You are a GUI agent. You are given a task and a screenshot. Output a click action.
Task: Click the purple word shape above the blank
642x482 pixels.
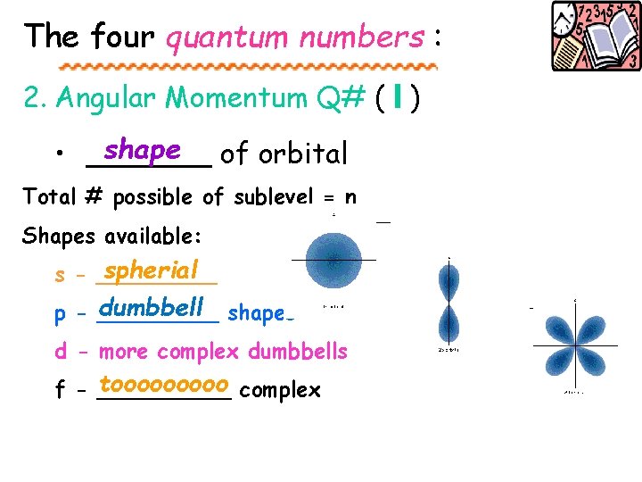click(143, 150)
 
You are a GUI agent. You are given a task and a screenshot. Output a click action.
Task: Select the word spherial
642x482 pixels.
click(151, 270)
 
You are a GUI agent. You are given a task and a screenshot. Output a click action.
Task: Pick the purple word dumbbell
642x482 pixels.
click(152, 308)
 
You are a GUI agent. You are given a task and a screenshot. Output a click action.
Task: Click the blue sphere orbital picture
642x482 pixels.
click(333, 260)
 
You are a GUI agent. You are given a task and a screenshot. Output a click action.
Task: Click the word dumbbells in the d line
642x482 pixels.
click(297, 351)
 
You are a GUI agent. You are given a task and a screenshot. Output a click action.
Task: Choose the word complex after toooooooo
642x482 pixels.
click(280, 390)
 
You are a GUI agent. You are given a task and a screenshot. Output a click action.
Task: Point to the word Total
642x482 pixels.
click(50, 196)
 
